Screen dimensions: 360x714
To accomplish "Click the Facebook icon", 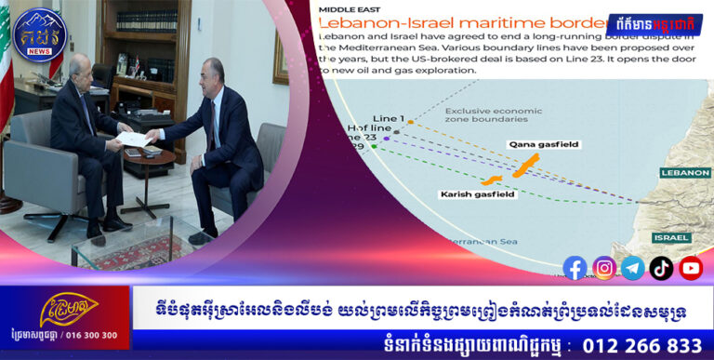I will [575, 268].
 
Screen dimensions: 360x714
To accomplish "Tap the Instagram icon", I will [604, 268].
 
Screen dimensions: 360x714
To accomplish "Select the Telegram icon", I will [633, 268].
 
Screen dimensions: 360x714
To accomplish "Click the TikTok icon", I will [662, 268].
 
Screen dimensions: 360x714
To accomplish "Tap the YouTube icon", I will [691, 268].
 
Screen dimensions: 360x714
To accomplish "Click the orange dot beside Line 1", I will [410, 122].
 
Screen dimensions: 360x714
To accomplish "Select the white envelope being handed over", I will [134, 138].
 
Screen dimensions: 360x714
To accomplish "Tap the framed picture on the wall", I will [280, 57].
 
